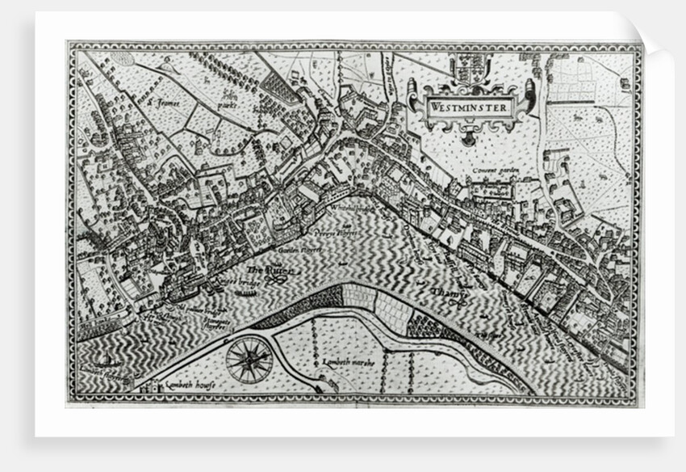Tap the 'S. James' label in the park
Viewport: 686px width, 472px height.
tap(166, 103)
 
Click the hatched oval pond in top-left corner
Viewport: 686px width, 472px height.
tap(122, 57)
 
